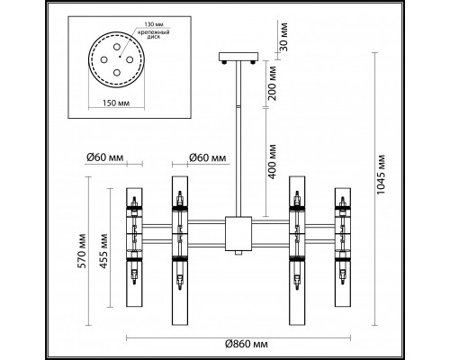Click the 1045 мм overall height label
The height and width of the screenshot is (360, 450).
381,175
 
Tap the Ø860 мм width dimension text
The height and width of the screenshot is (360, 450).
247,344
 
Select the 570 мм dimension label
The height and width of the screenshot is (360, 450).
83,251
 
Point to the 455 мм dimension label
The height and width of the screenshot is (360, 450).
103,251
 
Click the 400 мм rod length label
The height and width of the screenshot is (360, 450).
272,162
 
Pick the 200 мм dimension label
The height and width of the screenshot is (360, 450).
272,84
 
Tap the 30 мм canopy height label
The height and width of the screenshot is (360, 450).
283,37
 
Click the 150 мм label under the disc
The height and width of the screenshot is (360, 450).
116,103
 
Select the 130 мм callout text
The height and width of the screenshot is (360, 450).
151,24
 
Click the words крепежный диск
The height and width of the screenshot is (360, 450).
154,34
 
